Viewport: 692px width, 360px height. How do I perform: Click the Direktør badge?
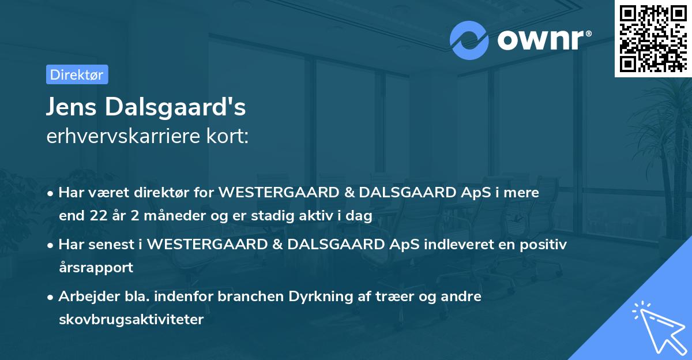pyautogui.click(x=77, y=74)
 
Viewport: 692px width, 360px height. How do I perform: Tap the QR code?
pyautogui.click(x=652, y=39)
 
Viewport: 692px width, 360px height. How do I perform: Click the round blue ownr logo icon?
pyautogui.click(x=469, y=40)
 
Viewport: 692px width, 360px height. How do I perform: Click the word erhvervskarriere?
pyautogui.click(x=130, y=136)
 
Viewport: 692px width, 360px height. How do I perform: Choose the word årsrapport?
pyautogui.click(x=96, y=268)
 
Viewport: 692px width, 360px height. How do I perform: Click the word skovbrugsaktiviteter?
pyautogui.click(x=131, y=320)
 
